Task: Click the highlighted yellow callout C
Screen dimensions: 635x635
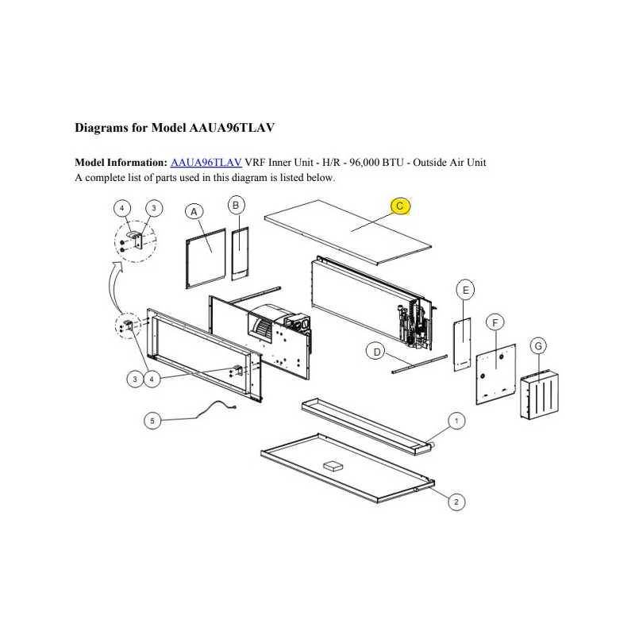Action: point(400,206)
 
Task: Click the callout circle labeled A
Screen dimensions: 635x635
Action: point(194,211)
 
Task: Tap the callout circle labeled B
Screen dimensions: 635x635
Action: point(236,206)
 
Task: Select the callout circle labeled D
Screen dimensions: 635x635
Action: point(376,352)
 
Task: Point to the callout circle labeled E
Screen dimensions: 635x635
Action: point(465,290)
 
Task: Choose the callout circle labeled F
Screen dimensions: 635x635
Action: point(495,323)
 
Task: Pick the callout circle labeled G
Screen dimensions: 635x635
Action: point(538,346)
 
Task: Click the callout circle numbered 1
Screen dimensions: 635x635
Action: point(457,421)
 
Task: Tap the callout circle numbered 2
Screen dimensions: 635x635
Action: point(456,502)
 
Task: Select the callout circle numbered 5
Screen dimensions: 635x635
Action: point(152,421)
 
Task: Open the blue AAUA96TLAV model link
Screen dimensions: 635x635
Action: point(206,163)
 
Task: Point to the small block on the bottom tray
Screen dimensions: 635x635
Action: point(333,466)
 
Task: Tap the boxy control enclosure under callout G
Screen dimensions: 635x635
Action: point(540,394)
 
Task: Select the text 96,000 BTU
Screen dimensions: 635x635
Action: point(376,163)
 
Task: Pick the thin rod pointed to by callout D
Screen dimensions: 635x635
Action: point(420,364)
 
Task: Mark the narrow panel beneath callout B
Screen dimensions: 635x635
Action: point(241,253)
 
